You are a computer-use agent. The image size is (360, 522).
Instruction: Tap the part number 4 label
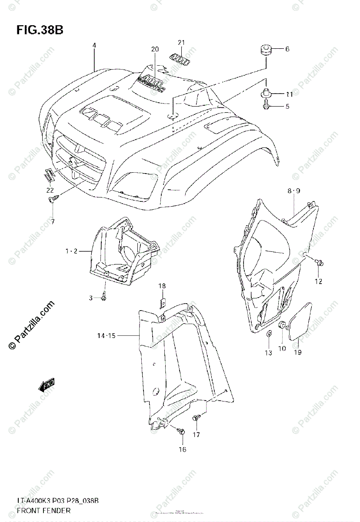(94, 45)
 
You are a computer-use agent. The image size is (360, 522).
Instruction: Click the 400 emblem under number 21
(180, 58)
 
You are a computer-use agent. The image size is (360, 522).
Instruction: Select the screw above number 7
(52, 200)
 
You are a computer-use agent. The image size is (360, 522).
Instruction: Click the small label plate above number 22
(49, 175)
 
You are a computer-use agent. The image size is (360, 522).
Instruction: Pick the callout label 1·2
(72, 251)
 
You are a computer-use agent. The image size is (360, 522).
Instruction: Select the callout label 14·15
(107, 336)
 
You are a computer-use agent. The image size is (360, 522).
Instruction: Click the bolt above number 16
(182, 432)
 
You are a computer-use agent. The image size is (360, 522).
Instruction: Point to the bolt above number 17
(196, 418)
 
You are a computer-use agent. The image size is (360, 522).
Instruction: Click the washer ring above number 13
(269, 334)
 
